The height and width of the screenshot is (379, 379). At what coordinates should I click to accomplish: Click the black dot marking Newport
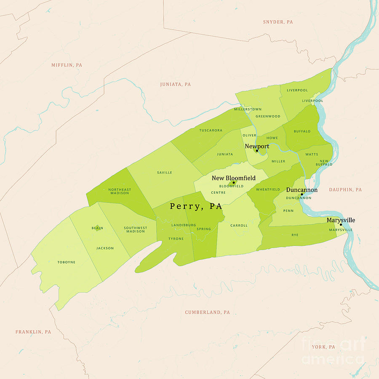coord(256,151)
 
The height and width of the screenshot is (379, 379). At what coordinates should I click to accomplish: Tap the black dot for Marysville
coord(341,225)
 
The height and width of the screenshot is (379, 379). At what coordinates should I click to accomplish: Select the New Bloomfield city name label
coord(233,178)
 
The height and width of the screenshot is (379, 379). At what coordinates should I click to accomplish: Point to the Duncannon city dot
coord(302,195)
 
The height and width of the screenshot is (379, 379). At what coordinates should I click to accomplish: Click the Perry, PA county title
coord(196,206)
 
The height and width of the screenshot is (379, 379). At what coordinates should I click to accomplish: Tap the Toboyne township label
coord(66,262)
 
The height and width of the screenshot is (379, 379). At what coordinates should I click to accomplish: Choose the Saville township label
coord(164,173)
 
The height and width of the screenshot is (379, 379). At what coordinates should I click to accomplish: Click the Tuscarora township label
coord(211,131)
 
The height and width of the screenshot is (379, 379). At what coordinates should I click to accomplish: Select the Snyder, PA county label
coord(278,22)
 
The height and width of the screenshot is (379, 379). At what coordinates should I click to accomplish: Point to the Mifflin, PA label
coord(67,65)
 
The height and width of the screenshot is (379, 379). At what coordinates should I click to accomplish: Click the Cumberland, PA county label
coord(207,312)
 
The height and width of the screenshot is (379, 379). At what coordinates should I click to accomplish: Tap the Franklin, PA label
coord(33,332)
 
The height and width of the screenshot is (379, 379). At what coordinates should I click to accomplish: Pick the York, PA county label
coord(323,347)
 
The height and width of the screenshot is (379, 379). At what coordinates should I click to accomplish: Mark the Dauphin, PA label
coord(345,190)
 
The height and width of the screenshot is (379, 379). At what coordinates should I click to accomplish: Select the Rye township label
coord(295,235)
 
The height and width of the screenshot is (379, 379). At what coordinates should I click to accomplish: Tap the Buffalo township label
coord(302,131)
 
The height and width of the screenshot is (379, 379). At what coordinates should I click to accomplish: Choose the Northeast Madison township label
coord(120,191)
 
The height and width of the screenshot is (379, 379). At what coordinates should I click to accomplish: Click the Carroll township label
coord(239,226)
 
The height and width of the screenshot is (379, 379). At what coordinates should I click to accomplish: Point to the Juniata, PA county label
coord(175,85)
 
